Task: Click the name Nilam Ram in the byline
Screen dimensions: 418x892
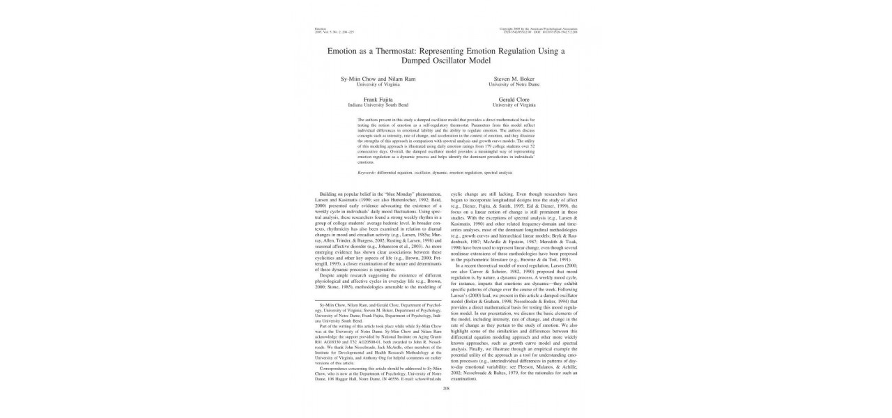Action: (x=402, y=79)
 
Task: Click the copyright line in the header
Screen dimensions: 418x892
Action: (x=540, y=28)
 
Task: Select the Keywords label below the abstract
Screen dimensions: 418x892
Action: (x=367, y=172)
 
